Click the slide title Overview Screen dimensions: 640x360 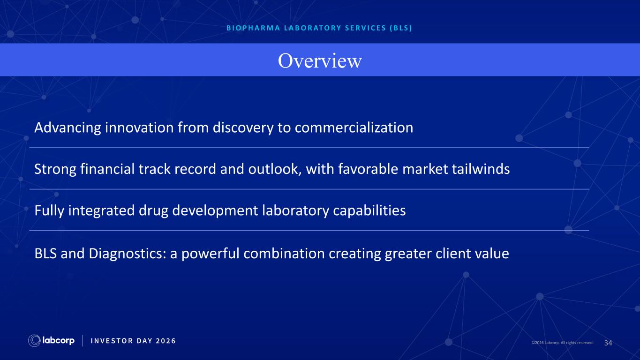tap(320, 60)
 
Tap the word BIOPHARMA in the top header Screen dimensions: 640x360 tap(253, 28)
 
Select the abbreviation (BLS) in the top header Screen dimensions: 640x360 tap(401, 28)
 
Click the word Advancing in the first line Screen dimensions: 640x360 tap(68, 127)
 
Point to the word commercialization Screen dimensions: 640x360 tap(354, 127)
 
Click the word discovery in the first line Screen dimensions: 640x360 tap(243, 127)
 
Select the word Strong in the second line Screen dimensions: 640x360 tap(55, 169)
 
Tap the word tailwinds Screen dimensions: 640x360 tap(481, 169)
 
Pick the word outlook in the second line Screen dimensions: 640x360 tap(275, 169)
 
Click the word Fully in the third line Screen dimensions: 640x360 tap(49, 210)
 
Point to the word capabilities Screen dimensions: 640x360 tap(369, 210)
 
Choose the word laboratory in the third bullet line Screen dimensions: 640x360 tap(295, 210)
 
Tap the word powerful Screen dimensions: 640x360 tap(210, 254)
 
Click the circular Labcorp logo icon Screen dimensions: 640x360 tap(34, 341)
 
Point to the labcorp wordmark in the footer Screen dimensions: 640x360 tap(58, 341)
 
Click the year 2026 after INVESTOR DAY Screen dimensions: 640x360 tap(166, 341)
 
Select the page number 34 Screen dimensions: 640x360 tap(608, 343)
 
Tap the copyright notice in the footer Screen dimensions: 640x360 tap(562, 343)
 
